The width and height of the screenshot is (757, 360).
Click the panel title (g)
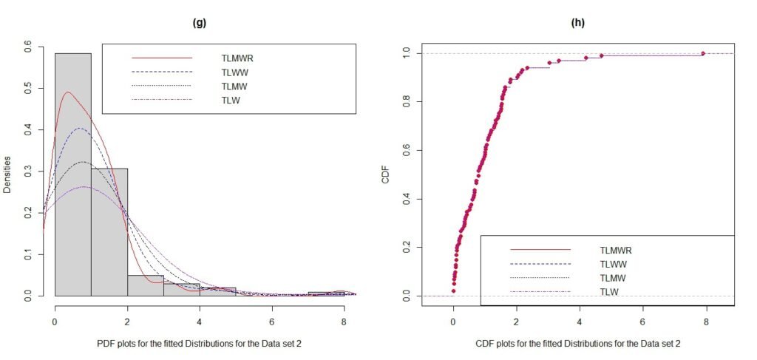click(x=199, y=23)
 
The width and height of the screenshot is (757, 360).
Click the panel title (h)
click(x=578, y=23)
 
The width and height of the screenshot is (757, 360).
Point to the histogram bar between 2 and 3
click(x=145, y=285)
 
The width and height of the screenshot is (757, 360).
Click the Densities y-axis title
click(x=8, y=174)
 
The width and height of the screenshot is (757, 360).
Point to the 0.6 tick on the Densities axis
click(x=28, y=46)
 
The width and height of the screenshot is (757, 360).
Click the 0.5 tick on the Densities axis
click(x=28, y=87)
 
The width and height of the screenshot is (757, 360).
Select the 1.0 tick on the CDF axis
click(x=426, y=53)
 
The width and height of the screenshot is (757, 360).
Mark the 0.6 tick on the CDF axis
click(x=426, y=150)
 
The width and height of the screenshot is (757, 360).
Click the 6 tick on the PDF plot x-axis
click(x=271, y=322)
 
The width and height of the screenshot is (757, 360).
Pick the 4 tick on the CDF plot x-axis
click(x=579, y=322)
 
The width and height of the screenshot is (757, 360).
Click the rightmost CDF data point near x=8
click(x=703, y=53)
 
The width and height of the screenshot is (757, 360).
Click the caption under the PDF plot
click(x=200, y=344)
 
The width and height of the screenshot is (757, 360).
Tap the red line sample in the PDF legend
click(x=162, y=57)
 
